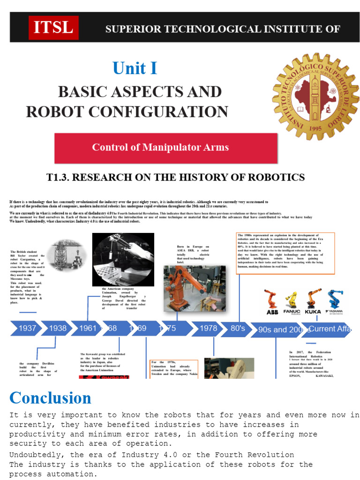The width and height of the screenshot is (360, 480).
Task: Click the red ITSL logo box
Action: coord(53,28)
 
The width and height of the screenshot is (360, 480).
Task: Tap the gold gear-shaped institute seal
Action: coord(315,97)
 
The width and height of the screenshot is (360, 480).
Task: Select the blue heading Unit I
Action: coord(135,68)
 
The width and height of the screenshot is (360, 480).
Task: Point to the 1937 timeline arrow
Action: coord(26,328)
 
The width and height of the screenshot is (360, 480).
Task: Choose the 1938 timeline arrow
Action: coord(57,328)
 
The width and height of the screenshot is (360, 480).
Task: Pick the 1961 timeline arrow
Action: coord(88,328)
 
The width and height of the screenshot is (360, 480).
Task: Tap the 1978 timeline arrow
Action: coord(208,328)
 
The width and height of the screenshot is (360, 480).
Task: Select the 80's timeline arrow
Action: coord(238,328)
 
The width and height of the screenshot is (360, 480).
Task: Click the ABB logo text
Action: coord(272,312)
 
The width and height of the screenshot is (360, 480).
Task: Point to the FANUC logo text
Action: coord(292,311)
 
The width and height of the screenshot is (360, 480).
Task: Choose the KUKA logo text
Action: coord(313,312)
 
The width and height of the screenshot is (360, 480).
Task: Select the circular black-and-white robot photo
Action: coord(123,260)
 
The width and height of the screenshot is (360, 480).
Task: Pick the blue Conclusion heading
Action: coord(50,398)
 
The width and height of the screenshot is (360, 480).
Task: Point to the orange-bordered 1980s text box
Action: coord(285,253)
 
